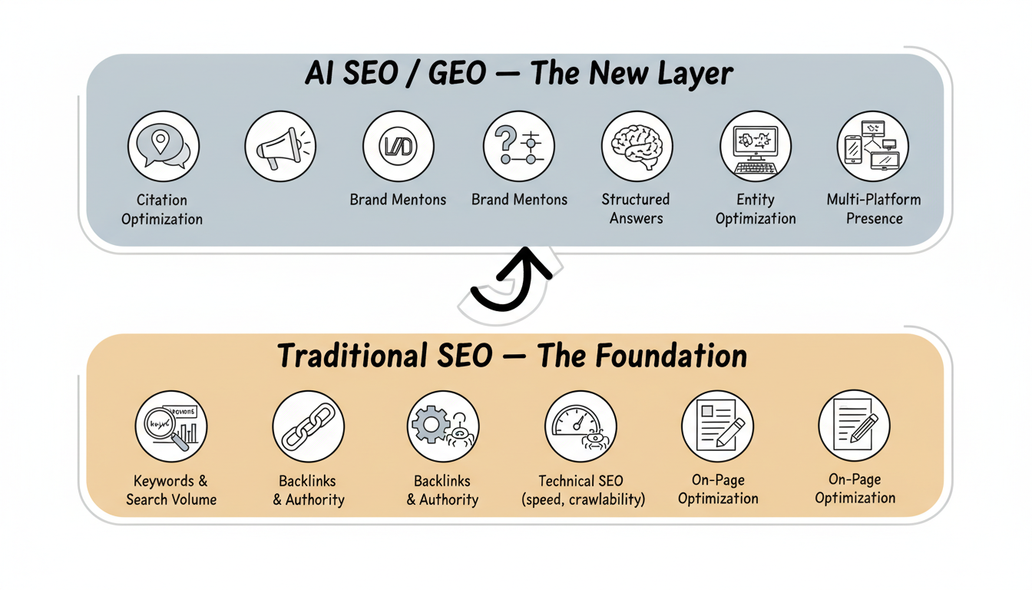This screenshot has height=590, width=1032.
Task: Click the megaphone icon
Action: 280,146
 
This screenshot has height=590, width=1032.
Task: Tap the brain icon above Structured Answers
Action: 637,146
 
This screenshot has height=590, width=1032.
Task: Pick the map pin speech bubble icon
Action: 163,146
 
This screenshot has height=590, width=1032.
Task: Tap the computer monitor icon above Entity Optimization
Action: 756,146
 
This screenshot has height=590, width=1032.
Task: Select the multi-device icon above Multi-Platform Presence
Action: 872,146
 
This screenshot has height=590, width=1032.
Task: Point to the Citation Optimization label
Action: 162,209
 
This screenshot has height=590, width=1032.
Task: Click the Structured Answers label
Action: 636,208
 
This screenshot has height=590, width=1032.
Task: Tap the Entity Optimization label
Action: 756,208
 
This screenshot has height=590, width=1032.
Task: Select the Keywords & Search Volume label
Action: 171,490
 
